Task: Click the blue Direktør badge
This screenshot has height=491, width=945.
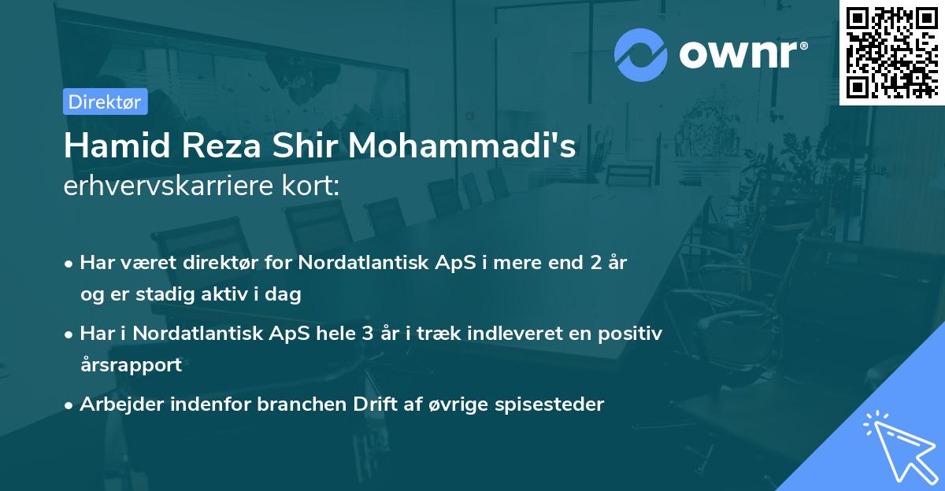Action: coord(105,102)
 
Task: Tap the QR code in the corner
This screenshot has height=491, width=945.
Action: coord(891,52)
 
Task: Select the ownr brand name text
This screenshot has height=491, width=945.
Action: coord(743,54)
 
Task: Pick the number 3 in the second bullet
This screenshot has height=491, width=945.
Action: coord(366,334)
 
